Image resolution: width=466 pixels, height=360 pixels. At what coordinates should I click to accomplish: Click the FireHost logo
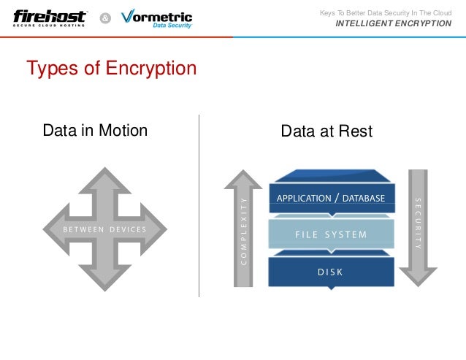tap(49, 17)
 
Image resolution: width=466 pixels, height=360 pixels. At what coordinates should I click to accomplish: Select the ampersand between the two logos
tap(104, 18)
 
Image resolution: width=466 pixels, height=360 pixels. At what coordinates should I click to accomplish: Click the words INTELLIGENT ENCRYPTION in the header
tap(393, 23)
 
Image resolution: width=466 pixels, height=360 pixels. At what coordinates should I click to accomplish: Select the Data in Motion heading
tap(95, 131)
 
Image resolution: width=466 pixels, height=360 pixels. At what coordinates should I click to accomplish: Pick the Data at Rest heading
tap(326, 131)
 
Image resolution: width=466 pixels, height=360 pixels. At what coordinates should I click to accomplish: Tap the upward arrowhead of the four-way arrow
tap(105, 179)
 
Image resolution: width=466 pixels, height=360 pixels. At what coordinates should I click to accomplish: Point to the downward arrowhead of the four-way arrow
tap(105, 281)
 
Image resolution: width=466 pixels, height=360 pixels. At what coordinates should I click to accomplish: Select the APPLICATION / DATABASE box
tap(331, 197)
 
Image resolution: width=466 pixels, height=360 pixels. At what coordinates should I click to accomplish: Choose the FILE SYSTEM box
tap(331, 235)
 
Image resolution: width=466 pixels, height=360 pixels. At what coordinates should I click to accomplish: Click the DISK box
tap(330, 272)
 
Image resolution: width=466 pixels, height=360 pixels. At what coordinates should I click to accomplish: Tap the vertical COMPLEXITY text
tap(243, 230)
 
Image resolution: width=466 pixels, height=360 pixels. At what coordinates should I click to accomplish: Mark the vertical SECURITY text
tap(418, 223)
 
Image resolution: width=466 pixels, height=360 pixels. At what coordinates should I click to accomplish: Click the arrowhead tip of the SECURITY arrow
tap(418, 282)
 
